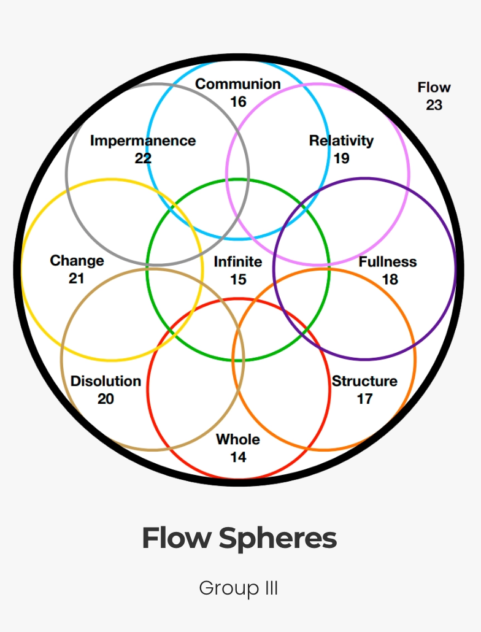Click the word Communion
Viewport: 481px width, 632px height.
(x=238, y=84)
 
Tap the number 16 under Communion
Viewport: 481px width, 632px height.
(x=238, y=101)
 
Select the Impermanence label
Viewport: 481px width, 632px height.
(x=143, y=141)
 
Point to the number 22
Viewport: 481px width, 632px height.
(x=143, y=158)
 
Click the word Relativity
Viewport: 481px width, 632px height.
(x=341, y=141)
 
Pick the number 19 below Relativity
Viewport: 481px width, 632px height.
(x=341, y=158)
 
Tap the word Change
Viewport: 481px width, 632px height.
(x=77, y=261)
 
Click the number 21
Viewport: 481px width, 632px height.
(x=76, y=279)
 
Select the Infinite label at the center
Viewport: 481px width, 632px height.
(x=238, y=262)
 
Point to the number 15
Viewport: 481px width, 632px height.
(x=238, y=279)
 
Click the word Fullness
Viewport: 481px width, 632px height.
(x=388, y=262)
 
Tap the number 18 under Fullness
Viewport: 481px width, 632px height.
(x=390, y=279)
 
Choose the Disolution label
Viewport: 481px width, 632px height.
(x=106, y=381)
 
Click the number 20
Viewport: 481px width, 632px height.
(x=106, y=399)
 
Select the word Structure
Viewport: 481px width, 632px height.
(x=364, y=381)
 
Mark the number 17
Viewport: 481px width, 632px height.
(x=364, y=399)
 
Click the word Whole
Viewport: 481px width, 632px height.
(x=238, y=439)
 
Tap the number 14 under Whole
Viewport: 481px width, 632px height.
(x=238, y=457)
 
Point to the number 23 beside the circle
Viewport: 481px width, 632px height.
(x=434, y=105)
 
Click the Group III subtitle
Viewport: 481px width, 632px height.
(x=239, y=588)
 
